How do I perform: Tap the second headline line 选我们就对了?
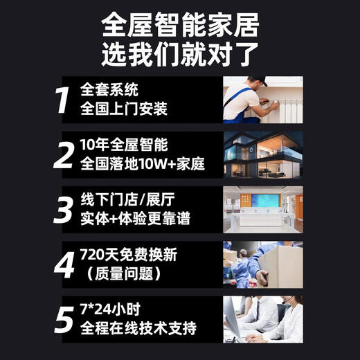(x=180, y=53)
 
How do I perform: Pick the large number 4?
(x=64, y=264)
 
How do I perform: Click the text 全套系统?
(x=109, y=91)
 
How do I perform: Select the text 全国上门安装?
(x=125, y=109)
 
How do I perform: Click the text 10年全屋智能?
(x=124, y=145)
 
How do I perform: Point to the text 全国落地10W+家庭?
(x=143, y=165)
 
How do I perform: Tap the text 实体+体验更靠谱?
(x=135, y=220)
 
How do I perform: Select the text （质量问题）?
(x=122, y=274)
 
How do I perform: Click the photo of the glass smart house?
(x=262, y=156)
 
